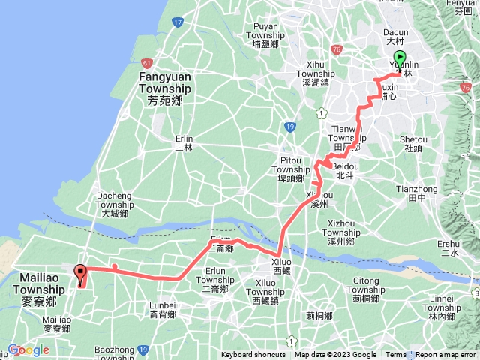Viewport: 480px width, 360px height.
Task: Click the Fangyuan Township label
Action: (x=164, y=82)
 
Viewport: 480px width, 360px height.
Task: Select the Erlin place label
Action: (x=184, y=142)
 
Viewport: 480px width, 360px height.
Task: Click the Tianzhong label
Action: (x=415, y=193)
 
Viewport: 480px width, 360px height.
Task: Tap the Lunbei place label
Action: (x=162, y=309)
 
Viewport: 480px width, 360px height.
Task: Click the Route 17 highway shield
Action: (x=177, y=22)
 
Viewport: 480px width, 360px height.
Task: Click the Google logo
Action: (x=28, y=349)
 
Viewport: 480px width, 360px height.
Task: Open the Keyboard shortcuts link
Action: (x=253, y=355)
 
